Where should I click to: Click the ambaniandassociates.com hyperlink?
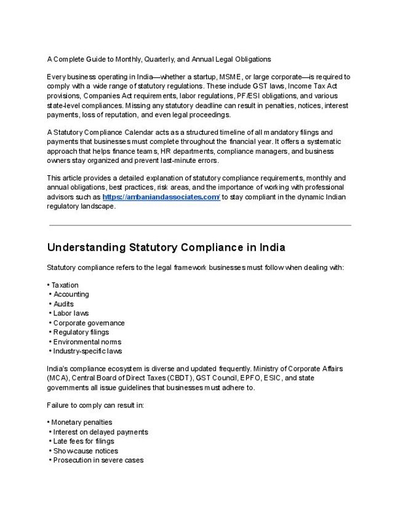(x=161, y=197)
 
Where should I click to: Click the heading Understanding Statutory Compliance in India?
(x=166, y=248)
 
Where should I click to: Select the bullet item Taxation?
(x=65, y=285)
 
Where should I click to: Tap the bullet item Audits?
(x=63, y=304)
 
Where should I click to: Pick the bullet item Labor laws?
(x=71, y=314)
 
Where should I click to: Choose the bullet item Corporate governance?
(x=89, y=323)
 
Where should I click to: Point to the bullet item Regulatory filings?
(x=81, y=333)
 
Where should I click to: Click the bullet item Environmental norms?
(x=87, y=342)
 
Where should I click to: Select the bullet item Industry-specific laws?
(x=87, y=352)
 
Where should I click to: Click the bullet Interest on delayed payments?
(x=100, y=432)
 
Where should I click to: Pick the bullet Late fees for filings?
(x=84, y=441)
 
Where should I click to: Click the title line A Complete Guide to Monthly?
(x=159, y=59)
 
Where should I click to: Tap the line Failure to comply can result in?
(x=94, y=406)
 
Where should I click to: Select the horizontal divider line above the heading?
(x=199, y=225)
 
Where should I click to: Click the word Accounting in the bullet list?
(x=71, y=294)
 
